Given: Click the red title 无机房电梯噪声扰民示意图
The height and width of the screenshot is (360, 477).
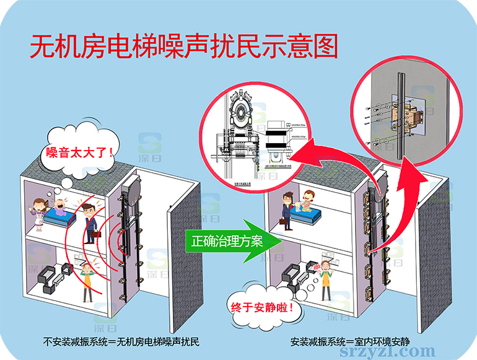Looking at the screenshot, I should tap(184, 48).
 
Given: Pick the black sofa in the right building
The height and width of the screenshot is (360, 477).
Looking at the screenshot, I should tap(292, 276).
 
